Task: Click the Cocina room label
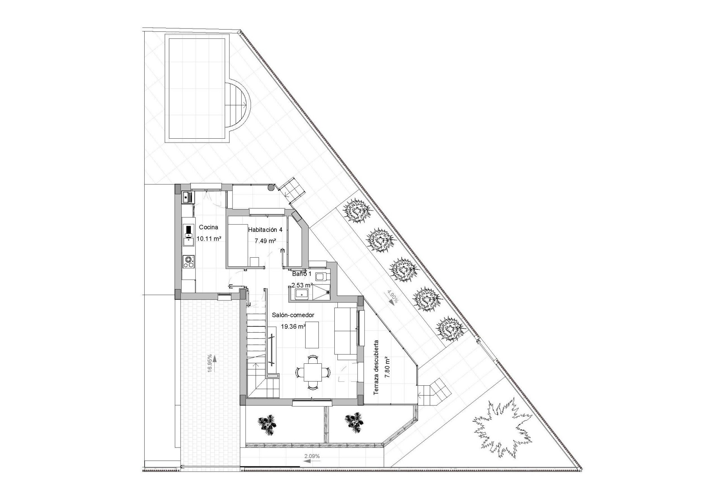point(209,227)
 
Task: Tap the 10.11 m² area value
point(209,239)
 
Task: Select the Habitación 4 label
point(265,230)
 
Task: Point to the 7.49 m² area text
point(265,241)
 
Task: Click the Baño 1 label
point(301,274)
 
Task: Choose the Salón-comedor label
point(293,315)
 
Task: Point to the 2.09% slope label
point(312,456)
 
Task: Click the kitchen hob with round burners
point(188,261)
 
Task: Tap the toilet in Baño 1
point(321,277)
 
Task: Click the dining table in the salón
point(313,372)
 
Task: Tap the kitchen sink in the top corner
point(187,197)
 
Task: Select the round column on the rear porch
point(271,188)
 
